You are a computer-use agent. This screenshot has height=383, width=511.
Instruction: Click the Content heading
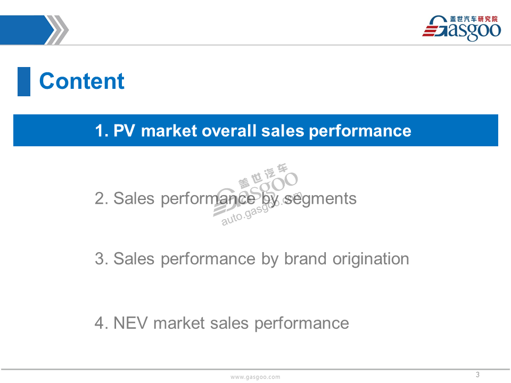81,81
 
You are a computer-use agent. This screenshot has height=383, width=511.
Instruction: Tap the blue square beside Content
24,81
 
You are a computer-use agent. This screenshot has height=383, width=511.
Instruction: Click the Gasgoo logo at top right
461,28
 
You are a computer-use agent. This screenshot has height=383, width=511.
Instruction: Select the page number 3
477,374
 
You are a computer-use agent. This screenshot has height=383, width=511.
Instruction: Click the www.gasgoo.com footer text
255,377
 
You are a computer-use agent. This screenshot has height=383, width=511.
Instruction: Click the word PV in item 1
124,131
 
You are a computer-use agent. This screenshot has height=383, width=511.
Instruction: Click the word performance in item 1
360,131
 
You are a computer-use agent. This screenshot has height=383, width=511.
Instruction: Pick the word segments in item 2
320,199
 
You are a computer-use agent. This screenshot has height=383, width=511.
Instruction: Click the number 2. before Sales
102,198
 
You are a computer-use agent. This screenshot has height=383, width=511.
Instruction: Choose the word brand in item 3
306,259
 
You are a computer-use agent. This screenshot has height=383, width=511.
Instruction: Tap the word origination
371,260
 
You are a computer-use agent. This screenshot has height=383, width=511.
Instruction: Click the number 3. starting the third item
102,259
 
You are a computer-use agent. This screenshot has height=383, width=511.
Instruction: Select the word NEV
130,323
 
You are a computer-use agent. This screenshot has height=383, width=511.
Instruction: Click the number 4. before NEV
102,323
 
